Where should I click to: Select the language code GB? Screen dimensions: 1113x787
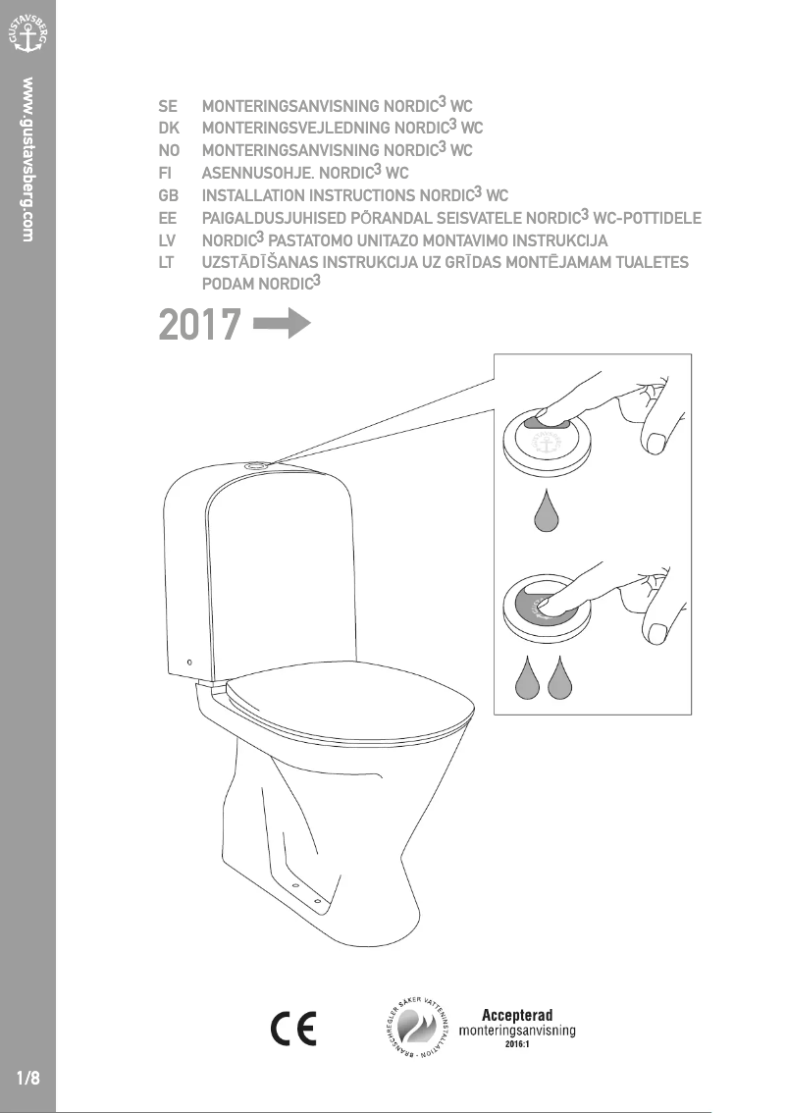click(170, 195)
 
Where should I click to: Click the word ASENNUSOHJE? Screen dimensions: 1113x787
click(249, 173)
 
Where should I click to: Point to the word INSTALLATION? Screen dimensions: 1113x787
click(252, 195)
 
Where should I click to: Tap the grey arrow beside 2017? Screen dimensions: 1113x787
click(282, 324)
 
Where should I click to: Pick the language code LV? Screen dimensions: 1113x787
click(168, 240)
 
